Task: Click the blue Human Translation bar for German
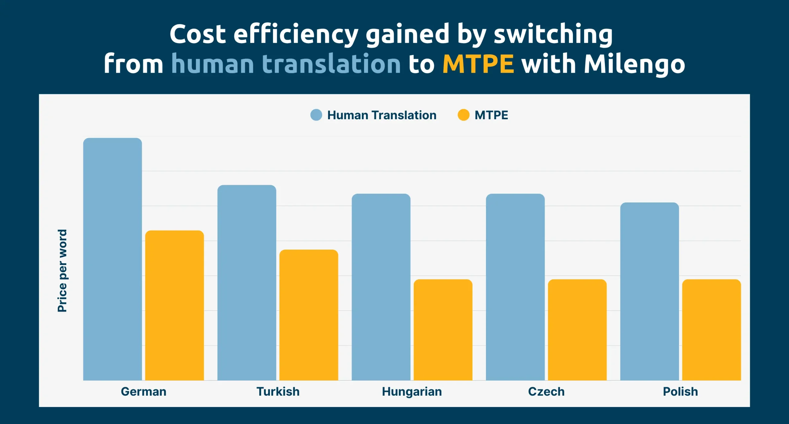(112, 259)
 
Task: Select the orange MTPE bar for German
(174, 305)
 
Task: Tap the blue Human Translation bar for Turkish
(247, 282)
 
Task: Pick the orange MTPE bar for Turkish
(309, 315)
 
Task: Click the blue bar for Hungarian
(381, 287)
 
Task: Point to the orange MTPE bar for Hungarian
(443, 330)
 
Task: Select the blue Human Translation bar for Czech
(515, 287)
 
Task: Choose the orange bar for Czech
(577, 330)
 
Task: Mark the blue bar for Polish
(649, 291)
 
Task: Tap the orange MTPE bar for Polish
(711, 330)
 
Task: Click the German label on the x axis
(144, 392)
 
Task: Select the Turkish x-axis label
(278, 392)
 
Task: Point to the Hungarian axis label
(412, 392)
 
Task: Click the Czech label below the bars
(546, 392)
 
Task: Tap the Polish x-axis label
(680, 392)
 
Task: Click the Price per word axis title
(62, 271)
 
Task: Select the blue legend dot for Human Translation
(316, 115)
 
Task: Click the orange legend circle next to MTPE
(463, 115)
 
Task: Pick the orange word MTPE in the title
(478, 64)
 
